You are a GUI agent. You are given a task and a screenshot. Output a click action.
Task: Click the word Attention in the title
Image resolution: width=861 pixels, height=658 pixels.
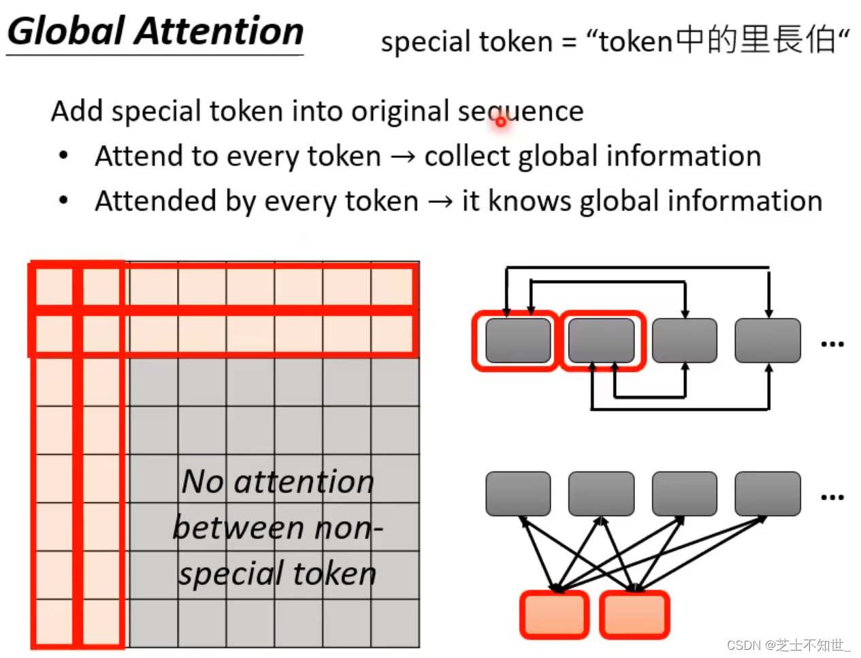click(x=221, y=31)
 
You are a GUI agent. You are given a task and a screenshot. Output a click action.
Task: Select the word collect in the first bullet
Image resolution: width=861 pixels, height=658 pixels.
click(x=467, y=156)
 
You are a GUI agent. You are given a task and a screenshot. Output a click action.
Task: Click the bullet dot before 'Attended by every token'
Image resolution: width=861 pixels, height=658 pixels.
click(x=63, y=200)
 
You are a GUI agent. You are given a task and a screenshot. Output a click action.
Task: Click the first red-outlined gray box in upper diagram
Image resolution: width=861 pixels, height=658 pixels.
click(x=518, y=341)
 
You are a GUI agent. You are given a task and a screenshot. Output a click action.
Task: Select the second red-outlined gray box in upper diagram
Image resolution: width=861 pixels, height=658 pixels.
click(x=602, y=341)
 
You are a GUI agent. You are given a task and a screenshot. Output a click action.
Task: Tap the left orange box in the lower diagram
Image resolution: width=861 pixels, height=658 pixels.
click(x=554, y=615)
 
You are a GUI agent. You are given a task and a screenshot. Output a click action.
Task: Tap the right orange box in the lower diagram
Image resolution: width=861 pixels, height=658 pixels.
click(x=634, y=615)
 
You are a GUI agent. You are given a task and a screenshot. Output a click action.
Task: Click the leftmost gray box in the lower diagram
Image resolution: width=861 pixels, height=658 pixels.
click(x=518, y=494)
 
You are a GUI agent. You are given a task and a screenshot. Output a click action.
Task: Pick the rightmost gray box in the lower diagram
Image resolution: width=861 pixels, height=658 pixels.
click(x=768, y=494)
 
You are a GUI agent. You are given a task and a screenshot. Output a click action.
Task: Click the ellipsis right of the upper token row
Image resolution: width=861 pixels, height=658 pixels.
click(x=832, y=345)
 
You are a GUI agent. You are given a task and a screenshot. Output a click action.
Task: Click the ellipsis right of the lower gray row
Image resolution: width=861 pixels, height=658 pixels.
click(x=832, y=498)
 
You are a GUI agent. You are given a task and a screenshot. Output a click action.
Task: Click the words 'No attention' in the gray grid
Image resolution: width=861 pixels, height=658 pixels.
click(x=278, y=482)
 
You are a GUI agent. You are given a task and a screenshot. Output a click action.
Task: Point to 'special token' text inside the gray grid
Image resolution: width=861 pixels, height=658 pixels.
click(x=278, y=574)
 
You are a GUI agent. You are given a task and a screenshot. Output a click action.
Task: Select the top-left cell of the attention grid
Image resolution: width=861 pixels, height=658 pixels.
click(x=53, y=286)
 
